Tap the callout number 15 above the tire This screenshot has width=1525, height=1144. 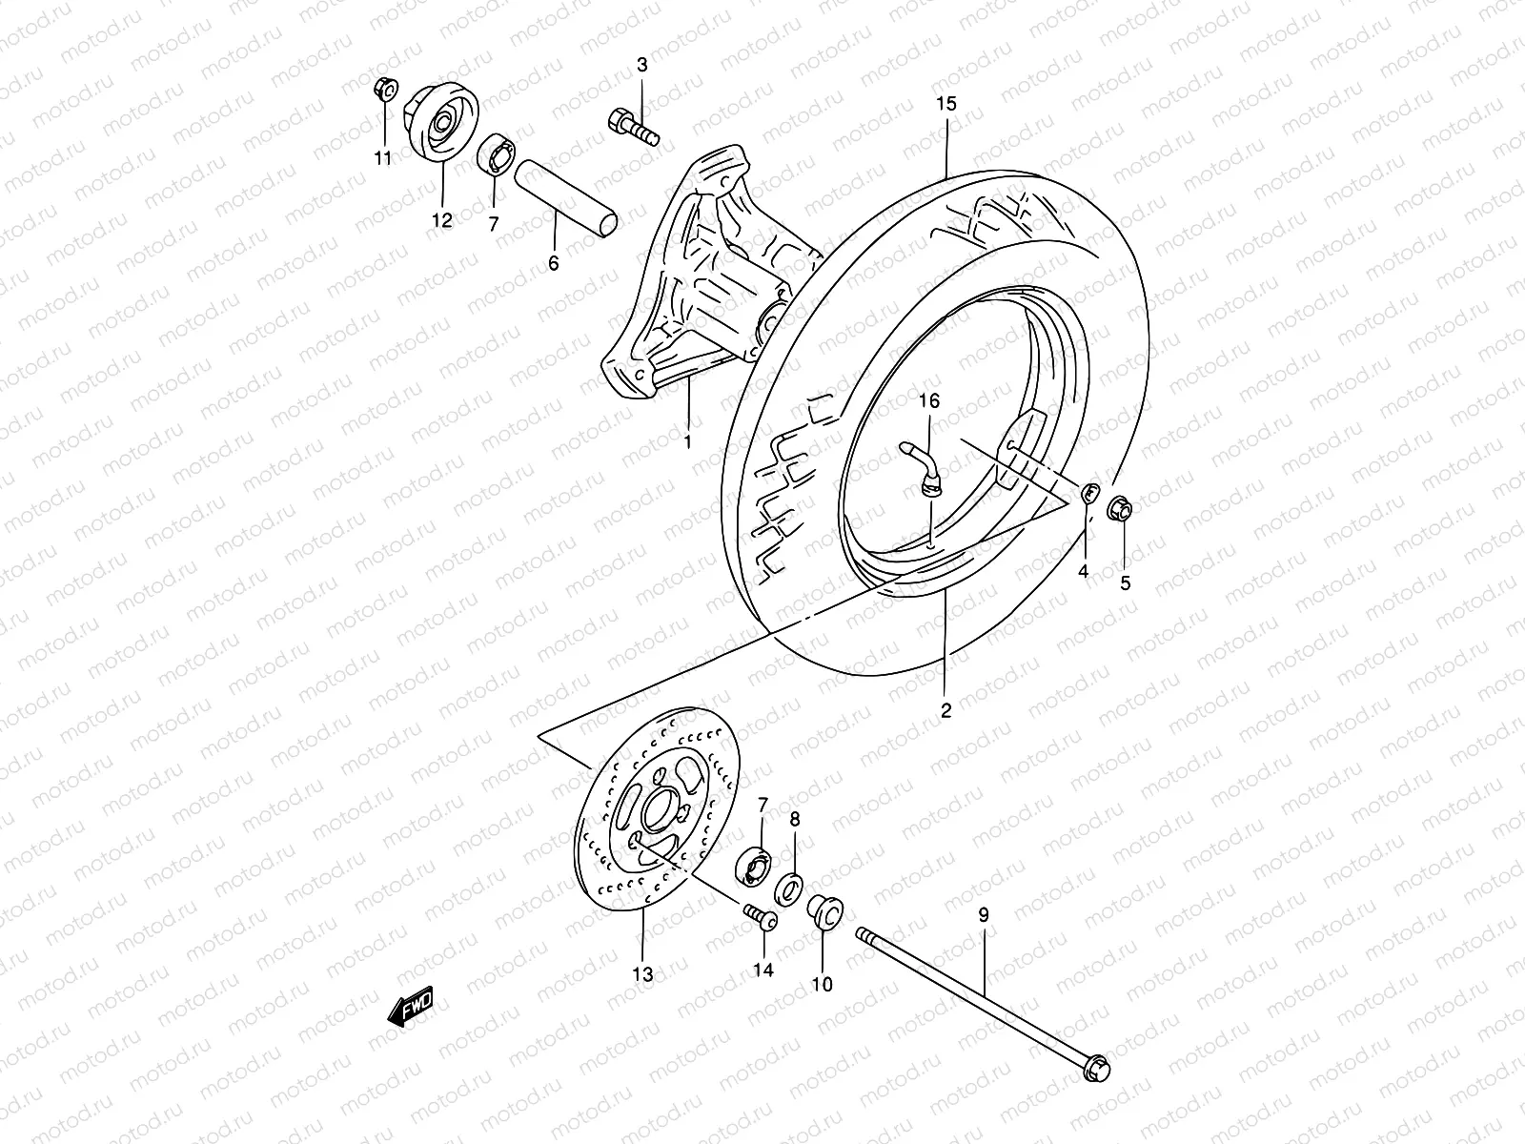[945, 104]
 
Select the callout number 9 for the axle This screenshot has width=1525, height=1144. [984, 914]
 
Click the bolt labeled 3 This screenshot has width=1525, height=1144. [632, 126]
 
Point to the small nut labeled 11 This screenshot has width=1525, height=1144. [385, 90]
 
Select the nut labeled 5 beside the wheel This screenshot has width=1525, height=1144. [1121, 510]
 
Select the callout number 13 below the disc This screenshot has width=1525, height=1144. [642, 974]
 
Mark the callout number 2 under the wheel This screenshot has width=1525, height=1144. [945, 710]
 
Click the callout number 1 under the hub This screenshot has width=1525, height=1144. [687, 442]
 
